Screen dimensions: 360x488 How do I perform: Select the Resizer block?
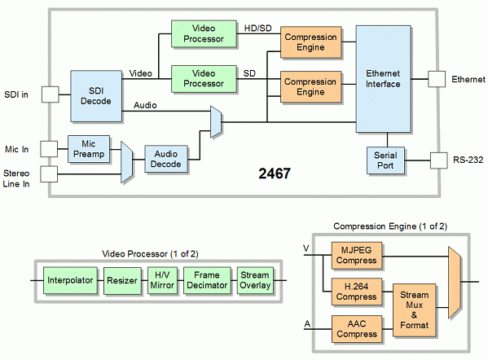pos(121,279)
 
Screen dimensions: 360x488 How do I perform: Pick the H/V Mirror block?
pos(162,279)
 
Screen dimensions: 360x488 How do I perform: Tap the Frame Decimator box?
pos(205,279)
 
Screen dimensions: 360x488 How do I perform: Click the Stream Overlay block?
pos(254,279)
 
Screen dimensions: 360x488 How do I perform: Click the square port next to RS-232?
pos(438,160)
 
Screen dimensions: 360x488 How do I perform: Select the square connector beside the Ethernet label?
pos(438,79)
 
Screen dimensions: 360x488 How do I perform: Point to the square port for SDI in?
pos(50,94)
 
